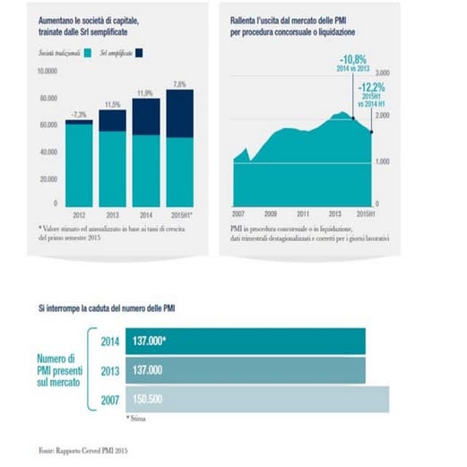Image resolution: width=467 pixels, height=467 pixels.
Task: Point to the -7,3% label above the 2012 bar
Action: click(x=78, y=114)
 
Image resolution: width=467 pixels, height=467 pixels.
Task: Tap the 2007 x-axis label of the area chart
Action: click(x=238, y=214)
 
